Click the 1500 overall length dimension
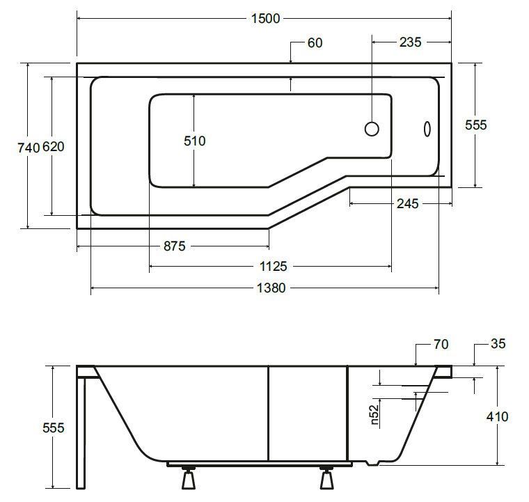pos(265,19)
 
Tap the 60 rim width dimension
pos(315,43)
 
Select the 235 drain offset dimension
pos(410,42)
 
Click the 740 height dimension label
pos(29,148)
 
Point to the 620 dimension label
pos(54,147)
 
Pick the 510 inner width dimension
pos(195,141)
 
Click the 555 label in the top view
pos(475,125)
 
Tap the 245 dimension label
pos(408,204)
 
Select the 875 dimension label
pos(175,246)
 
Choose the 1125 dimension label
pos(273,267)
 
